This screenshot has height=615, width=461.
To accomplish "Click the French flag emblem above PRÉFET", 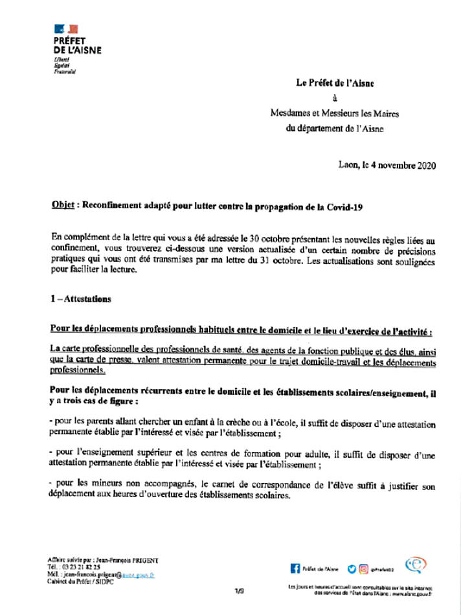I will pyautogui.click(x=66, y=28).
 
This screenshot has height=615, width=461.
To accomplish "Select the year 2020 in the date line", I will pyautogui.click(x=423, y=165).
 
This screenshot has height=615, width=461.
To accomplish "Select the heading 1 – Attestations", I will pyautogui.click(x=80, y=299).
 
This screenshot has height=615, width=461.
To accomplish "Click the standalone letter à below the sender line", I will pyautogui.click(x=334, y=98).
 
